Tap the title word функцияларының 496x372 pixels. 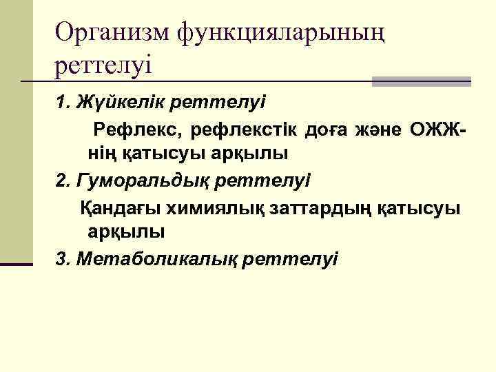280,32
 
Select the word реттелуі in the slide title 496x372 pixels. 104,66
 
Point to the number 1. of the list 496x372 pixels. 65,103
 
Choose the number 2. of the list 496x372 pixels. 64,181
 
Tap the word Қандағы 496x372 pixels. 116,207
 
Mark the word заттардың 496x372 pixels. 313,207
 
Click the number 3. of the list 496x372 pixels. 64,259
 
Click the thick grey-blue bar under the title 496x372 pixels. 421,81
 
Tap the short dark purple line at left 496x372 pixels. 17,264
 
